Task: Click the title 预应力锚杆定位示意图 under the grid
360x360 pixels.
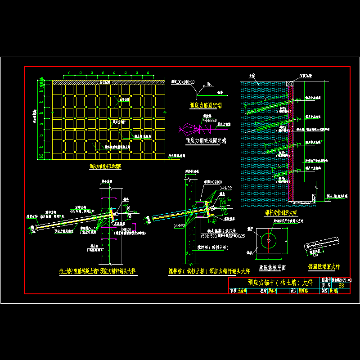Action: click(105, 166)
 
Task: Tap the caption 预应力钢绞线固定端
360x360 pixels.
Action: click(206, 140)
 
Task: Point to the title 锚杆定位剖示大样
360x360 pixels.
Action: click(281, 212)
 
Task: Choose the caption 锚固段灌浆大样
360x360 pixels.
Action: click(324, 266)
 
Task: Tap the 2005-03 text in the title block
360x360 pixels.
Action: click(345, 279)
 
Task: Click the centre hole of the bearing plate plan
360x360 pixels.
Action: click(269, 240)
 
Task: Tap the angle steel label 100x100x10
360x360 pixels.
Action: click(183, 82)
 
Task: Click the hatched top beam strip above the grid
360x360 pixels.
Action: click(108, 82)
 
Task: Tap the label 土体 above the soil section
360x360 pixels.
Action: click(252, 76)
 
